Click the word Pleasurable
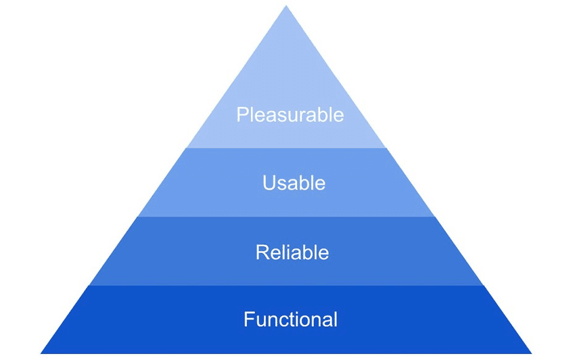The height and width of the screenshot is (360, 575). [290, 114]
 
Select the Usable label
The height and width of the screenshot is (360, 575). [294, 183]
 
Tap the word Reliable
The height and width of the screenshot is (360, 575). [292, 252]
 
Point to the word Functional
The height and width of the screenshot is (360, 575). [290, 319]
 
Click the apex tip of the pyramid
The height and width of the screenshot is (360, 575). [286, 6]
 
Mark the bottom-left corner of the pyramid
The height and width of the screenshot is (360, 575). [41, 353]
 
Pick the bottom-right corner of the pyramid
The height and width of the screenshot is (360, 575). [532, 353]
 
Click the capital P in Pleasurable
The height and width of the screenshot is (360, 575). [241, 114]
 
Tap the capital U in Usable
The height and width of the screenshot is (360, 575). [269, 183]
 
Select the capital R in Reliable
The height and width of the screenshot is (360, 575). [262, 252]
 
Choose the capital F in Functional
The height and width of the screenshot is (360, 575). [248, 319]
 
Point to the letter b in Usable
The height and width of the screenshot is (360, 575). [304, 183]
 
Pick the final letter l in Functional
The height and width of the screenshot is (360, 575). [336, 319]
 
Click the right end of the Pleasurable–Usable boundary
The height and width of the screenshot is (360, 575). [386, 148]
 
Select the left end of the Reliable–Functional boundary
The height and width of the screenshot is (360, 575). [89, 285]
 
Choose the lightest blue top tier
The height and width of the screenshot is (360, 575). [286, 81]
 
